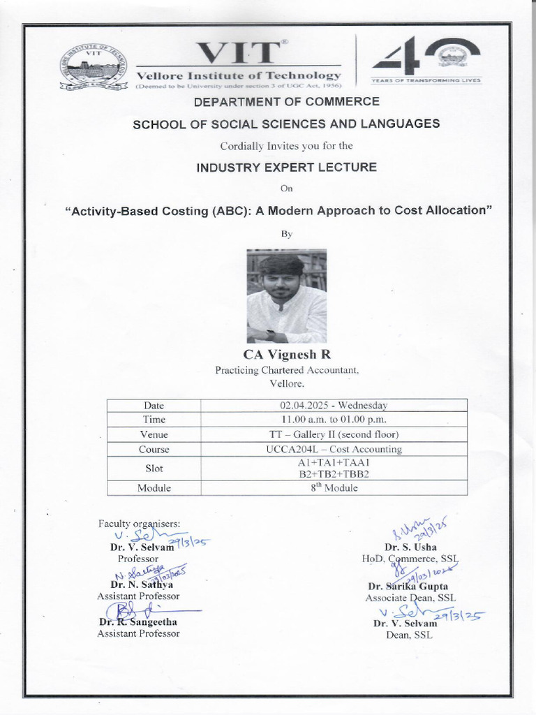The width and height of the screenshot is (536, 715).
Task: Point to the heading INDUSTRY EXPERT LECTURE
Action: point(287,167)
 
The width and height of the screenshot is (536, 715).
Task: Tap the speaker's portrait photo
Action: point(287,296)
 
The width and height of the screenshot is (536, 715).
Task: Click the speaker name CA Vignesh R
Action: point(287,355)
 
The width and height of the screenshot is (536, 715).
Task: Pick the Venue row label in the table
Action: point(154,434)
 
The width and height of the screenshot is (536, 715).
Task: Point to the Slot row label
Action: point(154,469)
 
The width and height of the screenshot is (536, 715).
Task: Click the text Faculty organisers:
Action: point(139,523)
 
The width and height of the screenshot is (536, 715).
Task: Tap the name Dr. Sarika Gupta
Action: point(408,587)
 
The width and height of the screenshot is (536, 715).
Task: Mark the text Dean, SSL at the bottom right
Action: point(409,635)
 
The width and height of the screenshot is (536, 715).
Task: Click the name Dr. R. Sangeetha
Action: point(138,621)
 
